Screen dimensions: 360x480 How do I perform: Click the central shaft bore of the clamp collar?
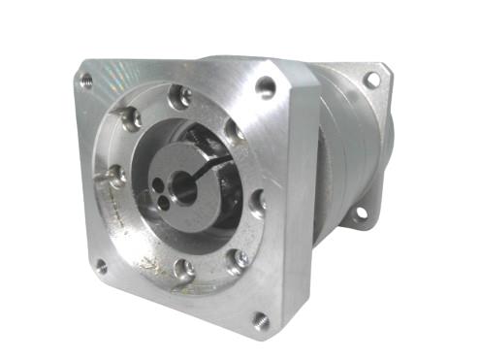click(x=181, y=180)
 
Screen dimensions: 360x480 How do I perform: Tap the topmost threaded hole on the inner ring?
click(x=178, y=96)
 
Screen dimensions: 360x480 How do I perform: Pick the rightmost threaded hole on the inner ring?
click(x=257, y=202)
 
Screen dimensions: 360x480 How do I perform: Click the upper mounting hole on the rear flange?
click(x=371, y=80)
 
